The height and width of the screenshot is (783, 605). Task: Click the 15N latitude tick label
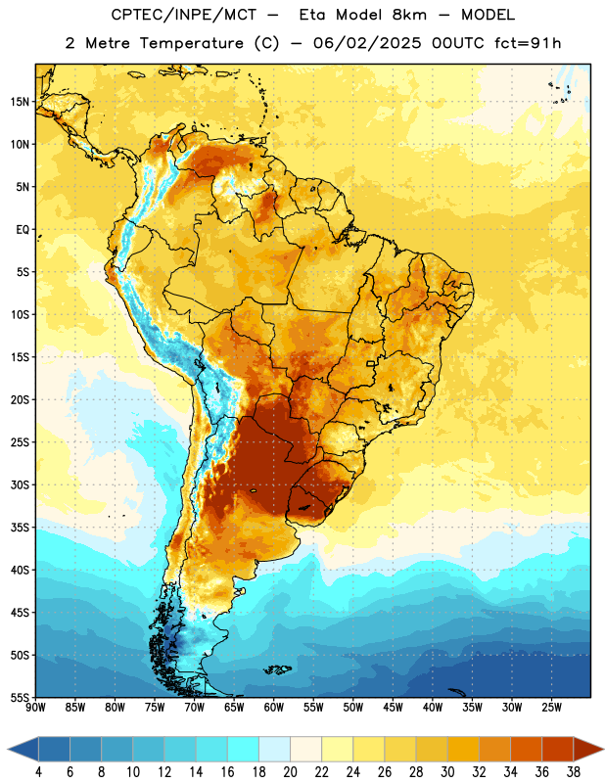(x=20, y=102)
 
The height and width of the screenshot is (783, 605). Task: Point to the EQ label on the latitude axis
(x=23, y=230)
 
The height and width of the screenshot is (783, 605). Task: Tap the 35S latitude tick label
(x=20, y=528)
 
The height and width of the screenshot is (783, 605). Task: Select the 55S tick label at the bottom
(x=20, y=697)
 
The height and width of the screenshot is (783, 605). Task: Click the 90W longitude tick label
(x=35, y=708)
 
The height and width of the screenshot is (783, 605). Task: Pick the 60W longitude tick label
(x=274, y=708)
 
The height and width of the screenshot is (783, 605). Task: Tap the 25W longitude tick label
(x=551, y=708)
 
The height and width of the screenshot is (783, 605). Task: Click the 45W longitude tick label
(x=393, y=708)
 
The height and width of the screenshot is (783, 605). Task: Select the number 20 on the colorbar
(x=290, y=772)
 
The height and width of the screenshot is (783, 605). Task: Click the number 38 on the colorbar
(x=574, y=772)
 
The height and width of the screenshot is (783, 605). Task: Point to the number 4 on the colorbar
(x=38, y=772)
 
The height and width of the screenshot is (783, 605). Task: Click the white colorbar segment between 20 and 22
(x=305, y=750)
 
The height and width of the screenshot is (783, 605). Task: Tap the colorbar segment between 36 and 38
(x=558, y=750)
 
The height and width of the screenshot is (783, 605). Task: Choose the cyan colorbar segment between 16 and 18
(x=243, y=750)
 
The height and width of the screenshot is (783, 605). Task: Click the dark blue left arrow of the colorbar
(x=23, y=750)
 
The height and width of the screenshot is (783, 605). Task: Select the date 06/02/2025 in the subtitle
(x=367, y=43)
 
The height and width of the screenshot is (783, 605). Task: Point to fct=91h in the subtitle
(x=528, y=43)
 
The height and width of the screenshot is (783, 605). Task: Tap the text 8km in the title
(x=409, y=15)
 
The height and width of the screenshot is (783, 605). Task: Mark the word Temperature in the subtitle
(x=191, y=43)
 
